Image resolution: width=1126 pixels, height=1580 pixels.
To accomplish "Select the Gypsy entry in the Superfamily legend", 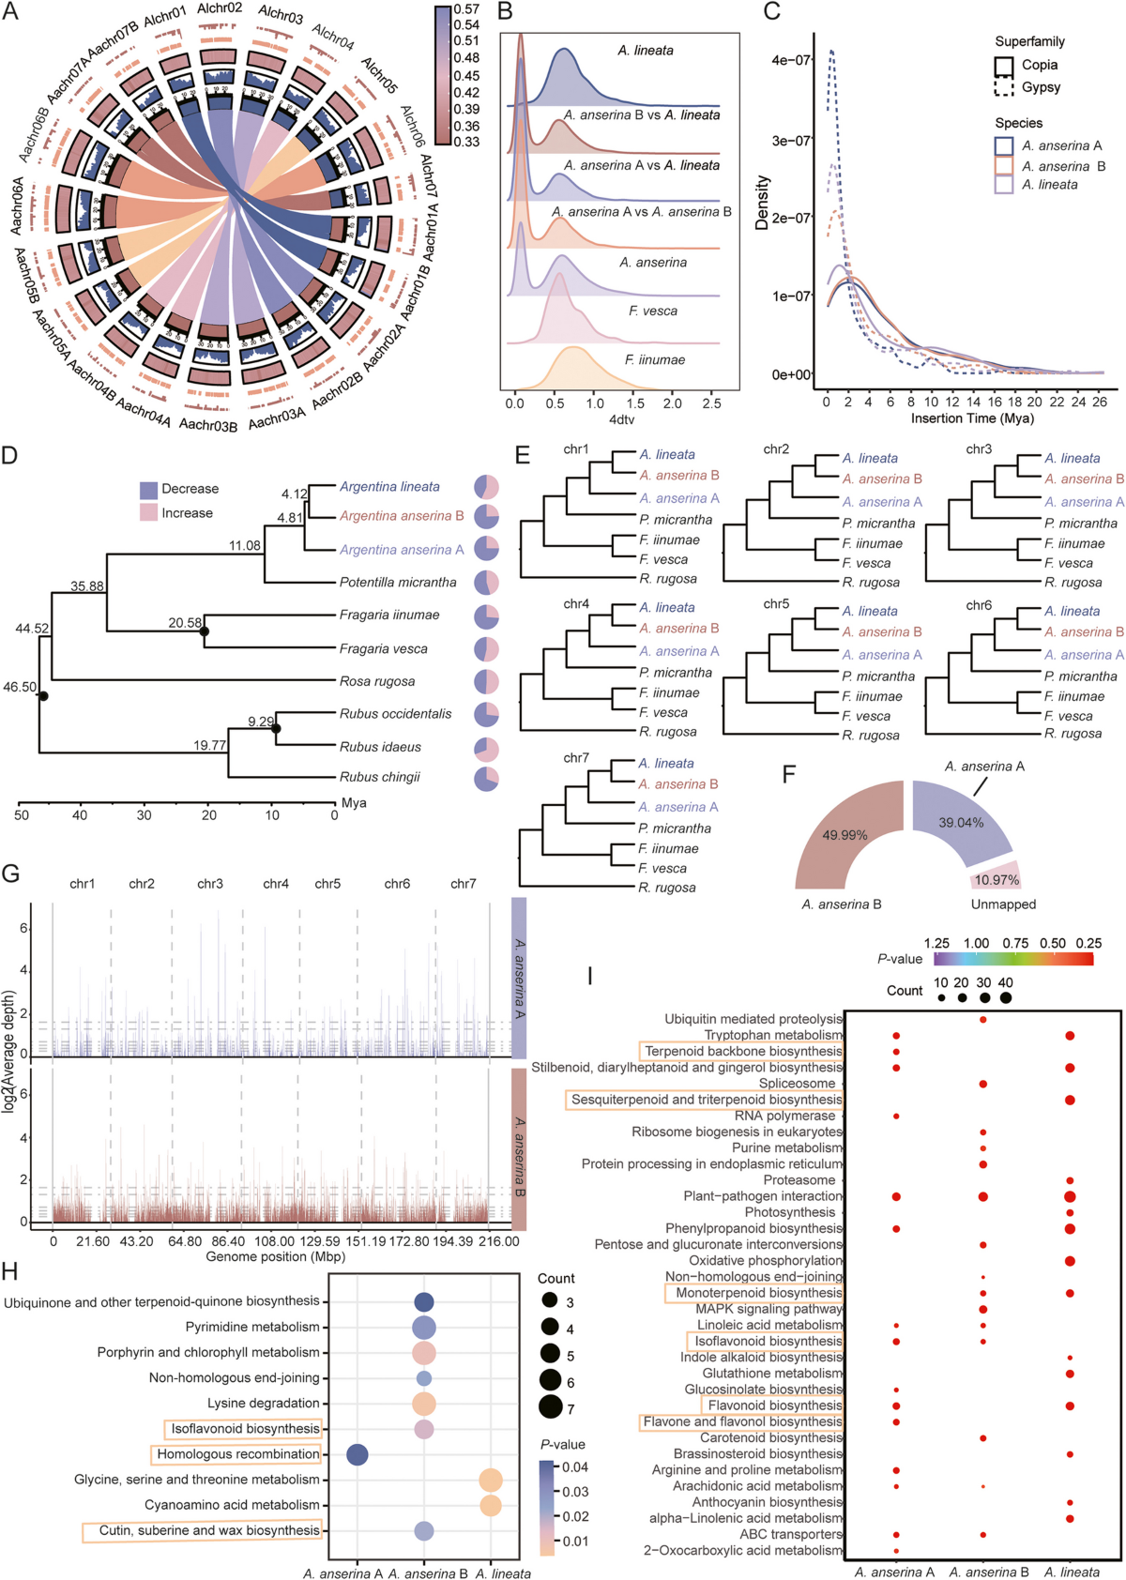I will pos(1041,87).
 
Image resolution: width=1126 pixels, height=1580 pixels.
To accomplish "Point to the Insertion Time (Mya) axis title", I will pos(971,418).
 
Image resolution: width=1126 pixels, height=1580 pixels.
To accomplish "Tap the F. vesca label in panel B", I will pos(652,311).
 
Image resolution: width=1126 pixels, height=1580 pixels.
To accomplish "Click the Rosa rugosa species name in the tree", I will pos(377,681).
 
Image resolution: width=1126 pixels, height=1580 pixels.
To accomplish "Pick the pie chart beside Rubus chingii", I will pos(486,779).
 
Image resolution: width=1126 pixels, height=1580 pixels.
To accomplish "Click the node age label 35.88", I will pos(87,586).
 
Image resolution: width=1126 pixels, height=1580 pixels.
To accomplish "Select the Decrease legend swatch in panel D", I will pos(148,489).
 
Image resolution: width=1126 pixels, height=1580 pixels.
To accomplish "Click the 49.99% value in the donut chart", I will pos(844,835).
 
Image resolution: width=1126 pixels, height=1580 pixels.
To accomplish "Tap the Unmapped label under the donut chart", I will pos(1003,904).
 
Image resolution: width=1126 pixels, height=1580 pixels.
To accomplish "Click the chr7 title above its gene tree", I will pos(576,758).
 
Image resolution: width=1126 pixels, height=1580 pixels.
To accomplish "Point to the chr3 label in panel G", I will pos(210,884).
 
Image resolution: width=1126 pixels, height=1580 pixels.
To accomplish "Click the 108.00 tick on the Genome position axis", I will pos(275,1241).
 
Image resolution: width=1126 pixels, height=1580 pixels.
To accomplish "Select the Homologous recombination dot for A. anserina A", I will pos(358,1454).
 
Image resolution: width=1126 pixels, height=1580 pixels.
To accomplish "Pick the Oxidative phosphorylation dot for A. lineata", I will pos(1070,1261).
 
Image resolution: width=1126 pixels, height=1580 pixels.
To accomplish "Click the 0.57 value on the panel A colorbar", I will pos(466,9).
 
